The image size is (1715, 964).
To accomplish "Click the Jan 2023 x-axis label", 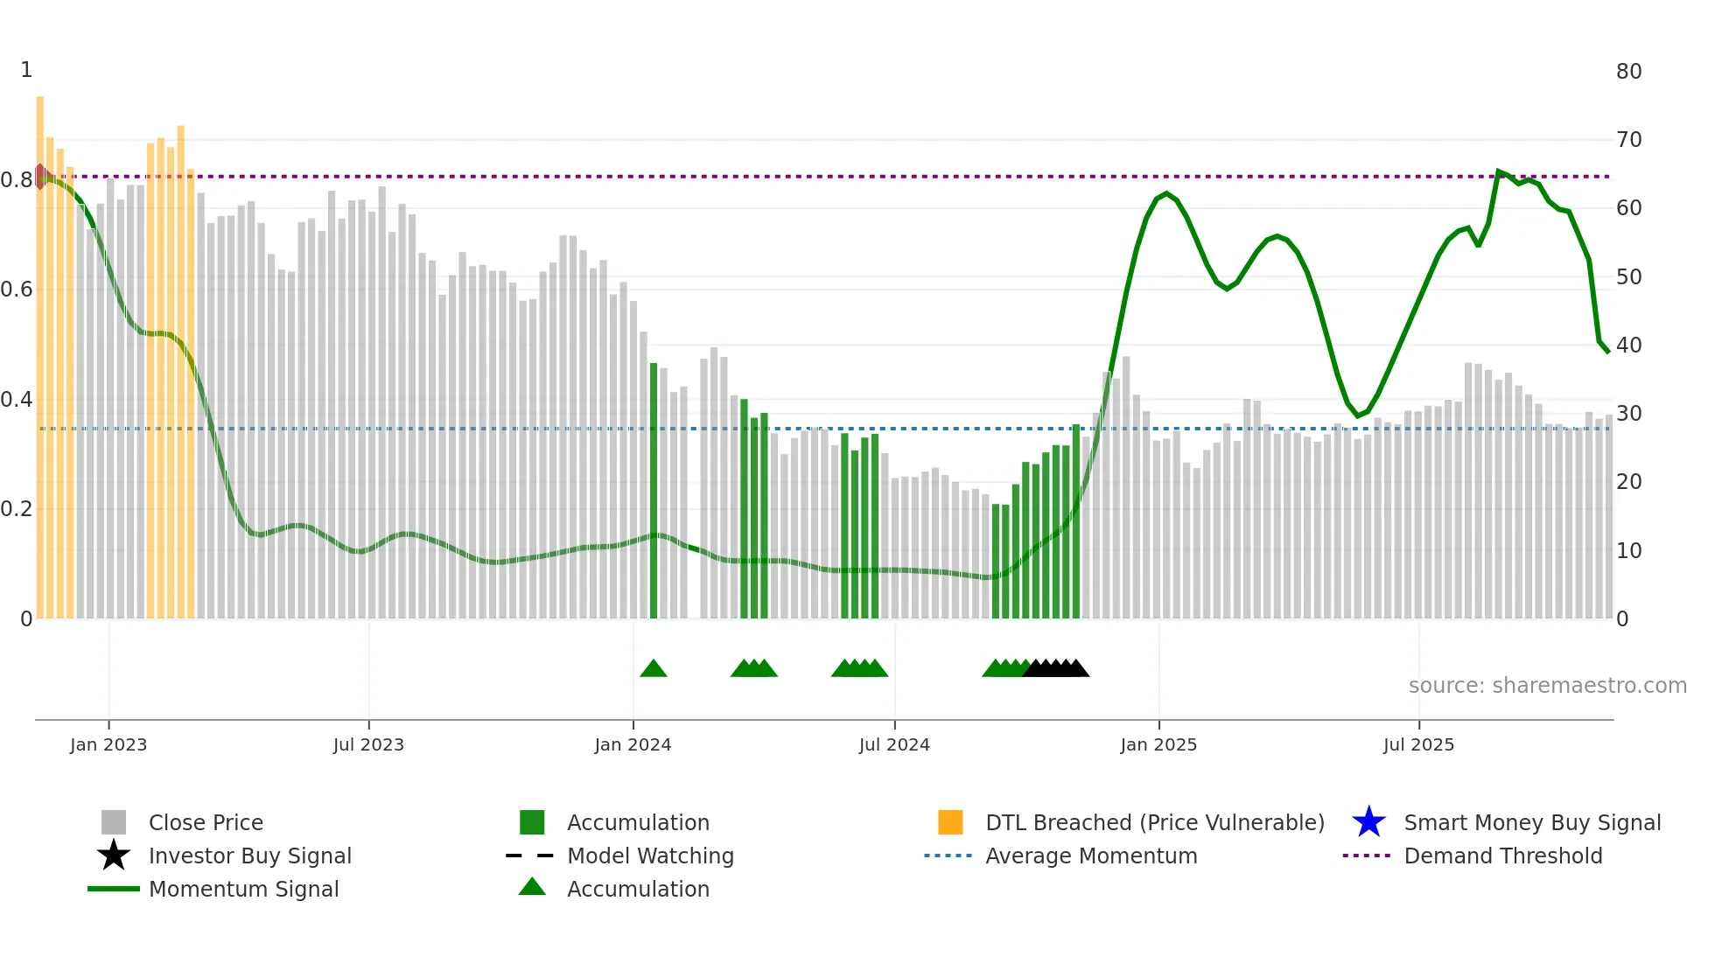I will (108, 744).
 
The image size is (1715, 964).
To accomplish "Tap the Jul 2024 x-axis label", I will (894, 744).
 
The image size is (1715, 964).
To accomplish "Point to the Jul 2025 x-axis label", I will (1418, 744).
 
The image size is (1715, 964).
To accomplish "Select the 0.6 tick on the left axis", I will (17, 290).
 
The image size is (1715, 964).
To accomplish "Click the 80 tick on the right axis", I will (1628, 72).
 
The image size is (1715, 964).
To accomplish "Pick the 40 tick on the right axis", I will (1628, 346).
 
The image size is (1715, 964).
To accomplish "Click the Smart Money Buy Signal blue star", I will (1368, 822).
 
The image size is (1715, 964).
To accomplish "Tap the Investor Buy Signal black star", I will (114, 856).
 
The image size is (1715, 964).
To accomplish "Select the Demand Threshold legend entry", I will (1502, 856).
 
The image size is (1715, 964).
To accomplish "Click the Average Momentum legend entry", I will (1090, 856).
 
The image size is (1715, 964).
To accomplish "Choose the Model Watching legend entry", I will (649, 856).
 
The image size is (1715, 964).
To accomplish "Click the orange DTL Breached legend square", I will (950, 822).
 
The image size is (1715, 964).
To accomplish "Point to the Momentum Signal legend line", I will (114, 889).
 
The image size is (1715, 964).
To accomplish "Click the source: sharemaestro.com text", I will (1547, 686).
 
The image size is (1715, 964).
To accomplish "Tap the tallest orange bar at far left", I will (40, 350).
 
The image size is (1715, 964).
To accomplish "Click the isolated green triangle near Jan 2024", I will (654, 669).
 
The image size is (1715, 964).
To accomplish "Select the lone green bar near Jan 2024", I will (654, 490).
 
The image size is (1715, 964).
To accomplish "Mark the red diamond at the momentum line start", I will (40, 177).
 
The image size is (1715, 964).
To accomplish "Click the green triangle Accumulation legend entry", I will (532, 888).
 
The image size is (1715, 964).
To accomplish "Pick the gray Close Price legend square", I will (114, 822).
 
